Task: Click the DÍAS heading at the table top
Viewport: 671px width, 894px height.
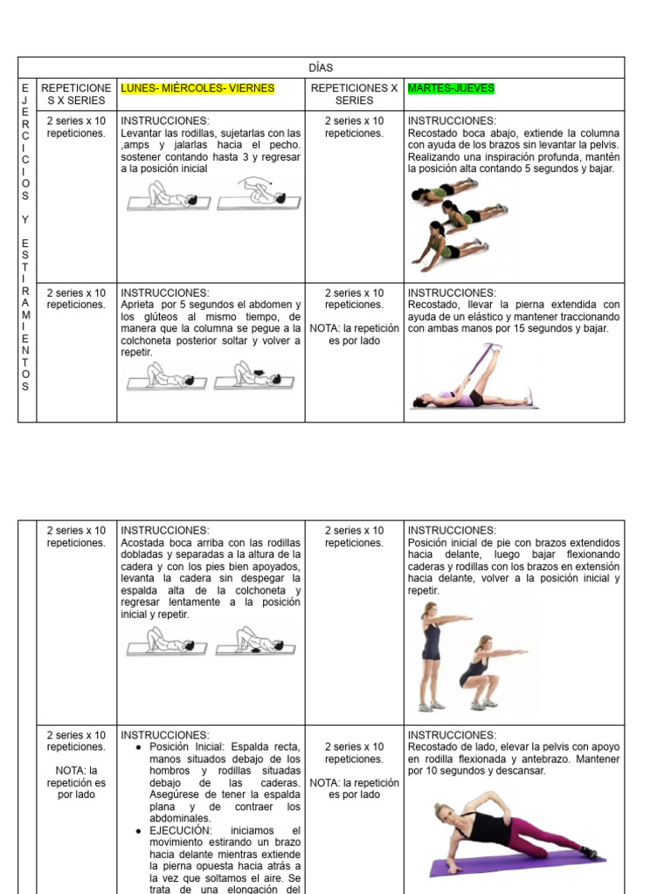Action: pos(321,68)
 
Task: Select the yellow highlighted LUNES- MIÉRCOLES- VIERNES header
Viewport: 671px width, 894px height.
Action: pos(197,88)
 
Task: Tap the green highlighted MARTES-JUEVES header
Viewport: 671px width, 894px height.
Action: pos(451,88)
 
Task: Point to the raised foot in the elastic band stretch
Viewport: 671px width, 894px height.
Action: pos(497,348)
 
